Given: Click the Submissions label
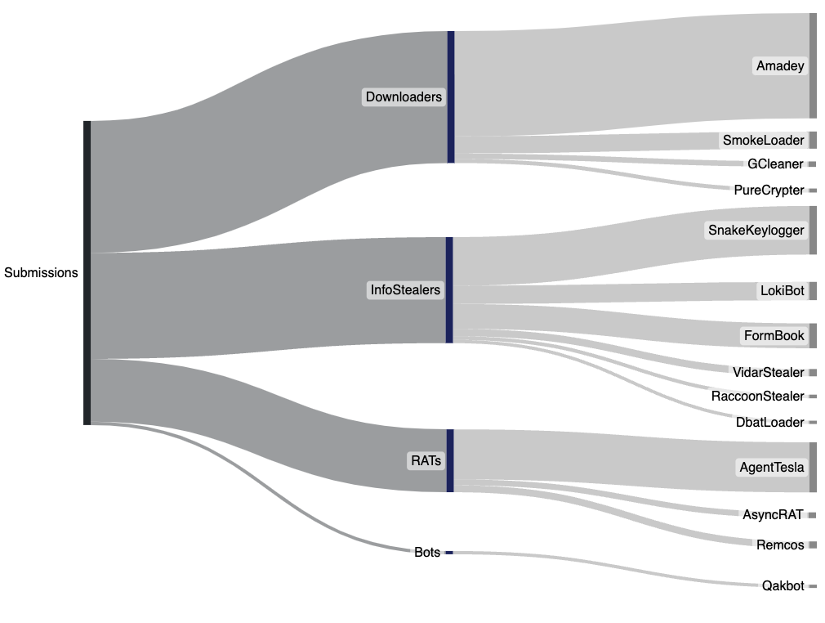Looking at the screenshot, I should point(41,273).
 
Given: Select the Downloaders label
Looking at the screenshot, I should point(404,97).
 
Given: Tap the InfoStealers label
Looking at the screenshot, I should point(405,289).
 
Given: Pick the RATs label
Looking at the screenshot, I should point(426,461).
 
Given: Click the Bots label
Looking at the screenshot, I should point(427,553).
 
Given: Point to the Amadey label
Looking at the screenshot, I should point(780,66).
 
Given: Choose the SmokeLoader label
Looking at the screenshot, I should point(763,141).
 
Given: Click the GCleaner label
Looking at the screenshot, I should point(775,164).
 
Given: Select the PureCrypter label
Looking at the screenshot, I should point(769,190).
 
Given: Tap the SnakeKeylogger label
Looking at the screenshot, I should point(756,231).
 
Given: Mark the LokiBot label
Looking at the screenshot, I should point(782,290).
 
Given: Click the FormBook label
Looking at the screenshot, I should point(774,336).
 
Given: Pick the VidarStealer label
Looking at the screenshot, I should point(768,373).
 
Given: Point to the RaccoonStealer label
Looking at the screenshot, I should point(757,397).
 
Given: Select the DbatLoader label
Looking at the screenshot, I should point(769,422).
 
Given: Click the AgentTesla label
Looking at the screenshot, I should point(771,468).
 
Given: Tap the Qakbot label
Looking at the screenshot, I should point(783,586).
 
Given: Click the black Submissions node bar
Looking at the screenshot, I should point(87,273).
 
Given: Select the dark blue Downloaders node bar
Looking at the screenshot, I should point(450,97).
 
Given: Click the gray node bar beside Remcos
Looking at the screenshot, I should point(812,545).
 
